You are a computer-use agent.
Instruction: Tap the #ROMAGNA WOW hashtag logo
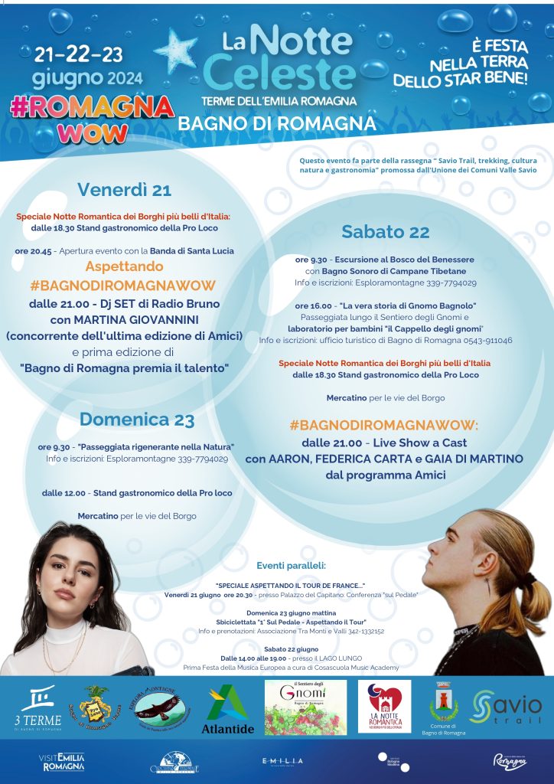(x=92, y=119)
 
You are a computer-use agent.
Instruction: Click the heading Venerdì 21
(x=124, y=190)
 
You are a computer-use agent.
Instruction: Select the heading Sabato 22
(x=386, y=231)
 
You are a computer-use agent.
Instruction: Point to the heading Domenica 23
(x=137, y=420)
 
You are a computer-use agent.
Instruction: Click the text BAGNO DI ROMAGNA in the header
(x=277, y=123)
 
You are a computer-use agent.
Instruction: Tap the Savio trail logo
(x=507, y=707)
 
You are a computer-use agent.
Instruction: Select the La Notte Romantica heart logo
(x=384, y=706)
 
